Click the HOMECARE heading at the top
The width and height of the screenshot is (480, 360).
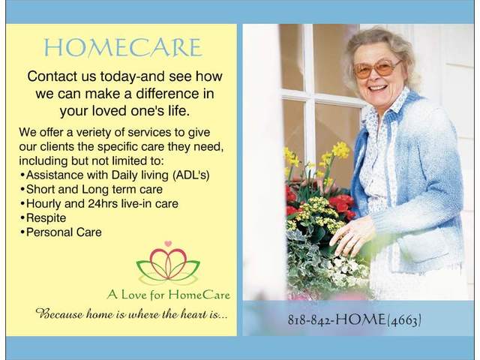[122, 48]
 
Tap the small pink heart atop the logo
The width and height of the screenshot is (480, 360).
[169, 244]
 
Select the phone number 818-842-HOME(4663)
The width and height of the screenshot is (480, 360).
[354, 319]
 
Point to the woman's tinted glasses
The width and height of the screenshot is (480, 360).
[376, 68]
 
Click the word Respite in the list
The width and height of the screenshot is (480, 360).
[47, 217]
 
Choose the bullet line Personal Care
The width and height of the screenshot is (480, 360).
[64, 232]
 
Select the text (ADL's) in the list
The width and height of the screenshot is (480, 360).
[192, 173]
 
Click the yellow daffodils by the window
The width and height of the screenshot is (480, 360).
[339, 150]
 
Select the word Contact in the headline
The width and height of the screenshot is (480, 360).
[53, 76]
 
